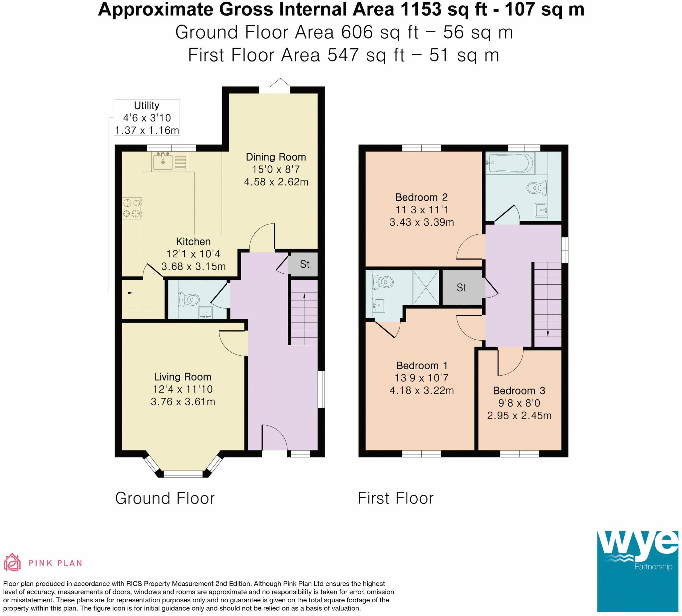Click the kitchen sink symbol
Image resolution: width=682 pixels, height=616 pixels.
click(x=164, y=162)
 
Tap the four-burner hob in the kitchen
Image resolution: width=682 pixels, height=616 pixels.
click(x=132, y=208)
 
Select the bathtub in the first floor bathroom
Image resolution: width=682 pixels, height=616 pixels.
click(x=510, y=163)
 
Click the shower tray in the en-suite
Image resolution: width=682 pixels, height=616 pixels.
click(x=426, y=288)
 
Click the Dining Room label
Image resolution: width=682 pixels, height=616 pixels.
click(x=276, y=157)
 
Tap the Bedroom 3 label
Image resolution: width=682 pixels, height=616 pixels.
click(x=519, y=391)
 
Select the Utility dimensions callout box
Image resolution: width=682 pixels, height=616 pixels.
click(x=147, y=118)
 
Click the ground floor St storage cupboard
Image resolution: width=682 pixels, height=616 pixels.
click(x=304, y=264)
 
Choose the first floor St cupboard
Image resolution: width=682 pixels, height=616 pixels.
click(x=462, y=288)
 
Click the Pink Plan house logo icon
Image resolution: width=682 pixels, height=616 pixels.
click(x=12, y=562)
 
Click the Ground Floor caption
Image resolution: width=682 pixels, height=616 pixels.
click(x=165, y=498)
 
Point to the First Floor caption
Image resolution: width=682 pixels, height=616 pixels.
click(x=396, y=498)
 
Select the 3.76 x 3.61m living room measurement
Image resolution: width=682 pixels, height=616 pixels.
click(x=183, y=402)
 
